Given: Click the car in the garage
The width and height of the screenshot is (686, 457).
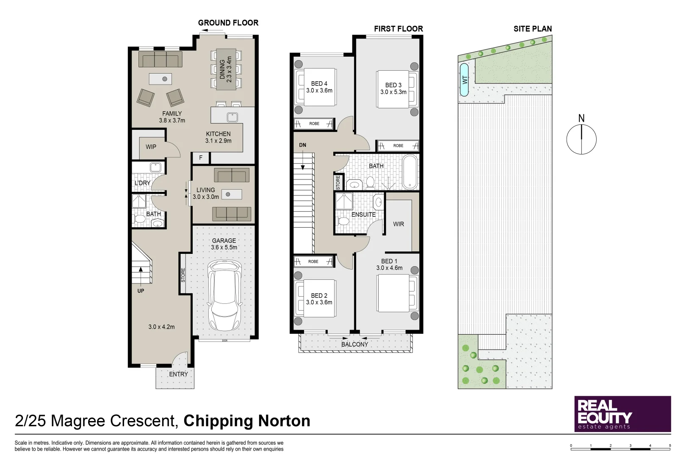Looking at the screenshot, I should click(x=224, y=295).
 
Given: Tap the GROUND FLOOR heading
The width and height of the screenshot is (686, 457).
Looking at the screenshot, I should click(x=228, y=23).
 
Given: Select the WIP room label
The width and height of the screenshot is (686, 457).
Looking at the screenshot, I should click(x=151, y=147).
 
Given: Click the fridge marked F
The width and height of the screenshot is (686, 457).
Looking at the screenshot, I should click(x=201, y=158).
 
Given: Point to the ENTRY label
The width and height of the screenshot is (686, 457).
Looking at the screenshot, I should click(x=178, y=374).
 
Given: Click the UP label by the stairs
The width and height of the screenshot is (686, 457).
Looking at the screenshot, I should click(x=141, y=291).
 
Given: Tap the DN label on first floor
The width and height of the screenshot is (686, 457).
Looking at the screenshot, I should click(x=302, y=145).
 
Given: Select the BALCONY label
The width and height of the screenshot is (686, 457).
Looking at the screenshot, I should click(x=355, y=344).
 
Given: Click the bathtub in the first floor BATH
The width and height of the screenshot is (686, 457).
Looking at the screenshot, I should click(x=409, y=172).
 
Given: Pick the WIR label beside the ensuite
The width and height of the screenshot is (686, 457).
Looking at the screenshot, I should click(x=398, y=224).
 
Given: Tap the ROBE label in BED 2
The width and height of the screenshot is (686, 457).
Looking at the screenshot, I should click(x=313, y=262).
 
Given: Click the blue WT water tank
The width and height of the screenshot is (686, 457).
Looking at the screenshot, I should click(x=465, y=80).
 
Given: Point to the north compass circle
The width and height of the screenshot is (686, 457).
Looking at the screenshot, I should click(x=581, y=139).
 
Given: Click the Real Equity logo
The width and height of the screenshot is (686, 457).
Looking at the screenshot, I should click(x=622, y=414).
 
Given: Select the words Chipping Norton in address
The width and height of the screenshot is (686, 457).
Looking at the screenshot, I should click(x=247, y=421).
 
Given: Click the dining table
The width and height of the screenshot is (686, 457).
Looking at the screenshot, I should click(x=226, y=69).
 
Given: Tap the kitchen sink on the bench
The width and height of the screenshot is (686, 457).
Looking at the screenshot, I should click(x=232, y=117).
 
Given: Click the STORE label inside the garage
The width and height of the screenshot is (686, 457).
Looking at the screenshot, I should click(x=183, y=275).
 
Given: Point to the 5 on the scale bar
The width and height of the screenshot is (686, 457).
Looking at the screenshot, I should click(x=670, y=446).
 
